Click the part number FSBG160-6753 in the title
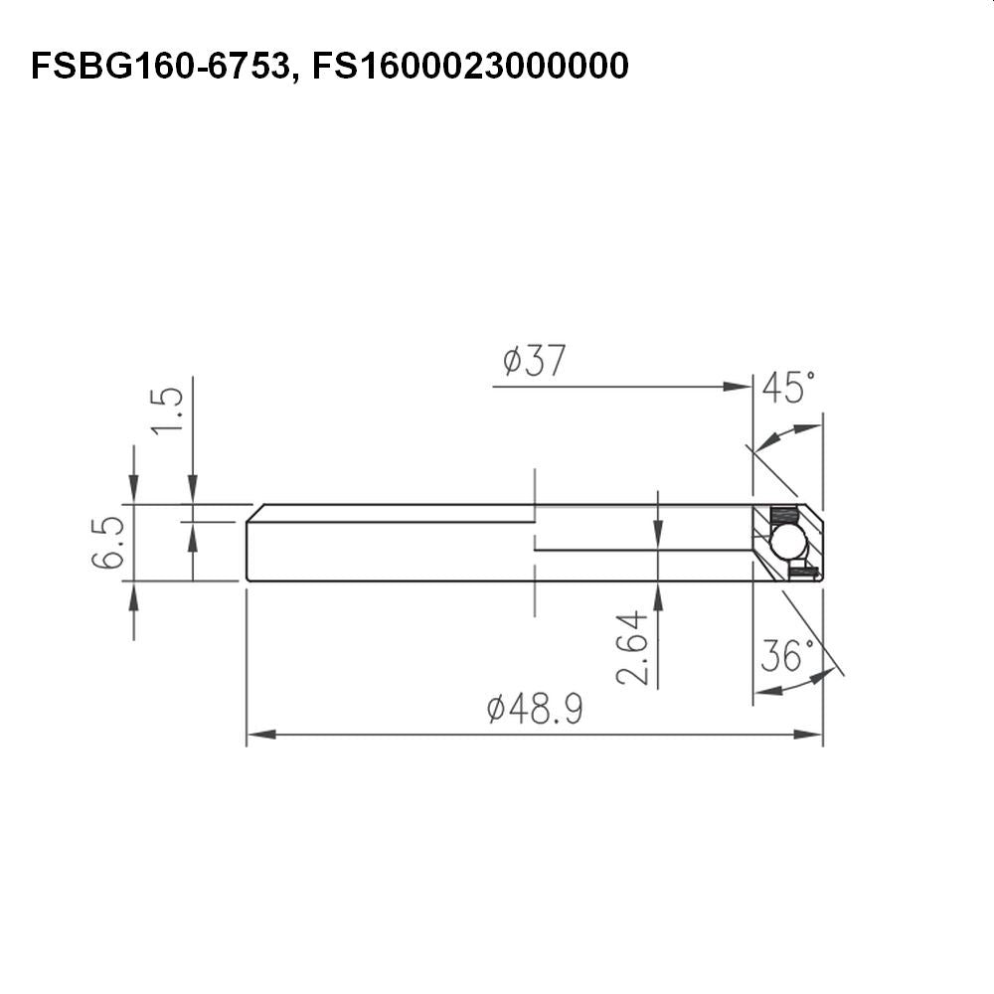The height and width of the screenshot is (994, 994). tap(160, 67)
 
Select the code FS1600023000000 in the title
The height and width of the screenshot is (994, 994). tap(470, 66)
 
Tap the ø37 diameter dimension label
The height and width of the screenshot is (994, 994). tap(534, 361)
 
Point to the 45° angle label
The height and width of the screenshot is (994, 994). tap(788, 388)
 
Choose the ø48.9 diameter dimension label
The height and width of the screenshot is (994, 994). tap(535, 709)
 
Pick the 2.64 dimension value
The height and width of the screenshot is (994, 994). tap(632, 648)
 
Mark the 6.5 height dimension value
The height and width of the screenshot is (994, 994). tap(107, 543)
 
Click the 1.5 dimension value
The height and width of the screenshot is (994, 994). tap(167, 411)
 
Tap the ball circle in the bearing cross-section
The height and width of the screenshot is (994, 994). tap(788, 542)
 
